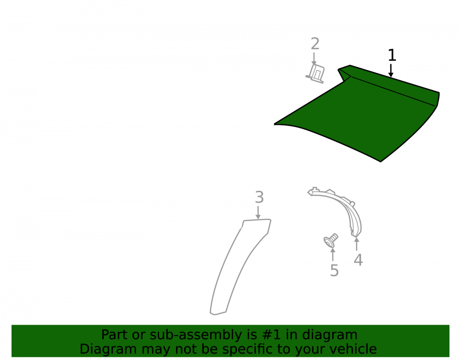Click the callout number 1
[392, 55]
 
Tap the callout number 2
[315, 44]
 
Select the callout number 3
[259, 197]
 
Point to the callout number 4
[358, 260]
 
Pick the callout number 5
[334, 271]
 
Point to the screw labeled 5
[331, 241]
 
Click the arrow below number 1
[391, 71]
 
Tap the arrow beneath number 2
[314, 59]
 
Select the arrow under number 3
[258, 212]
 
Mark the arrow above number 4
[357, 244]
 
